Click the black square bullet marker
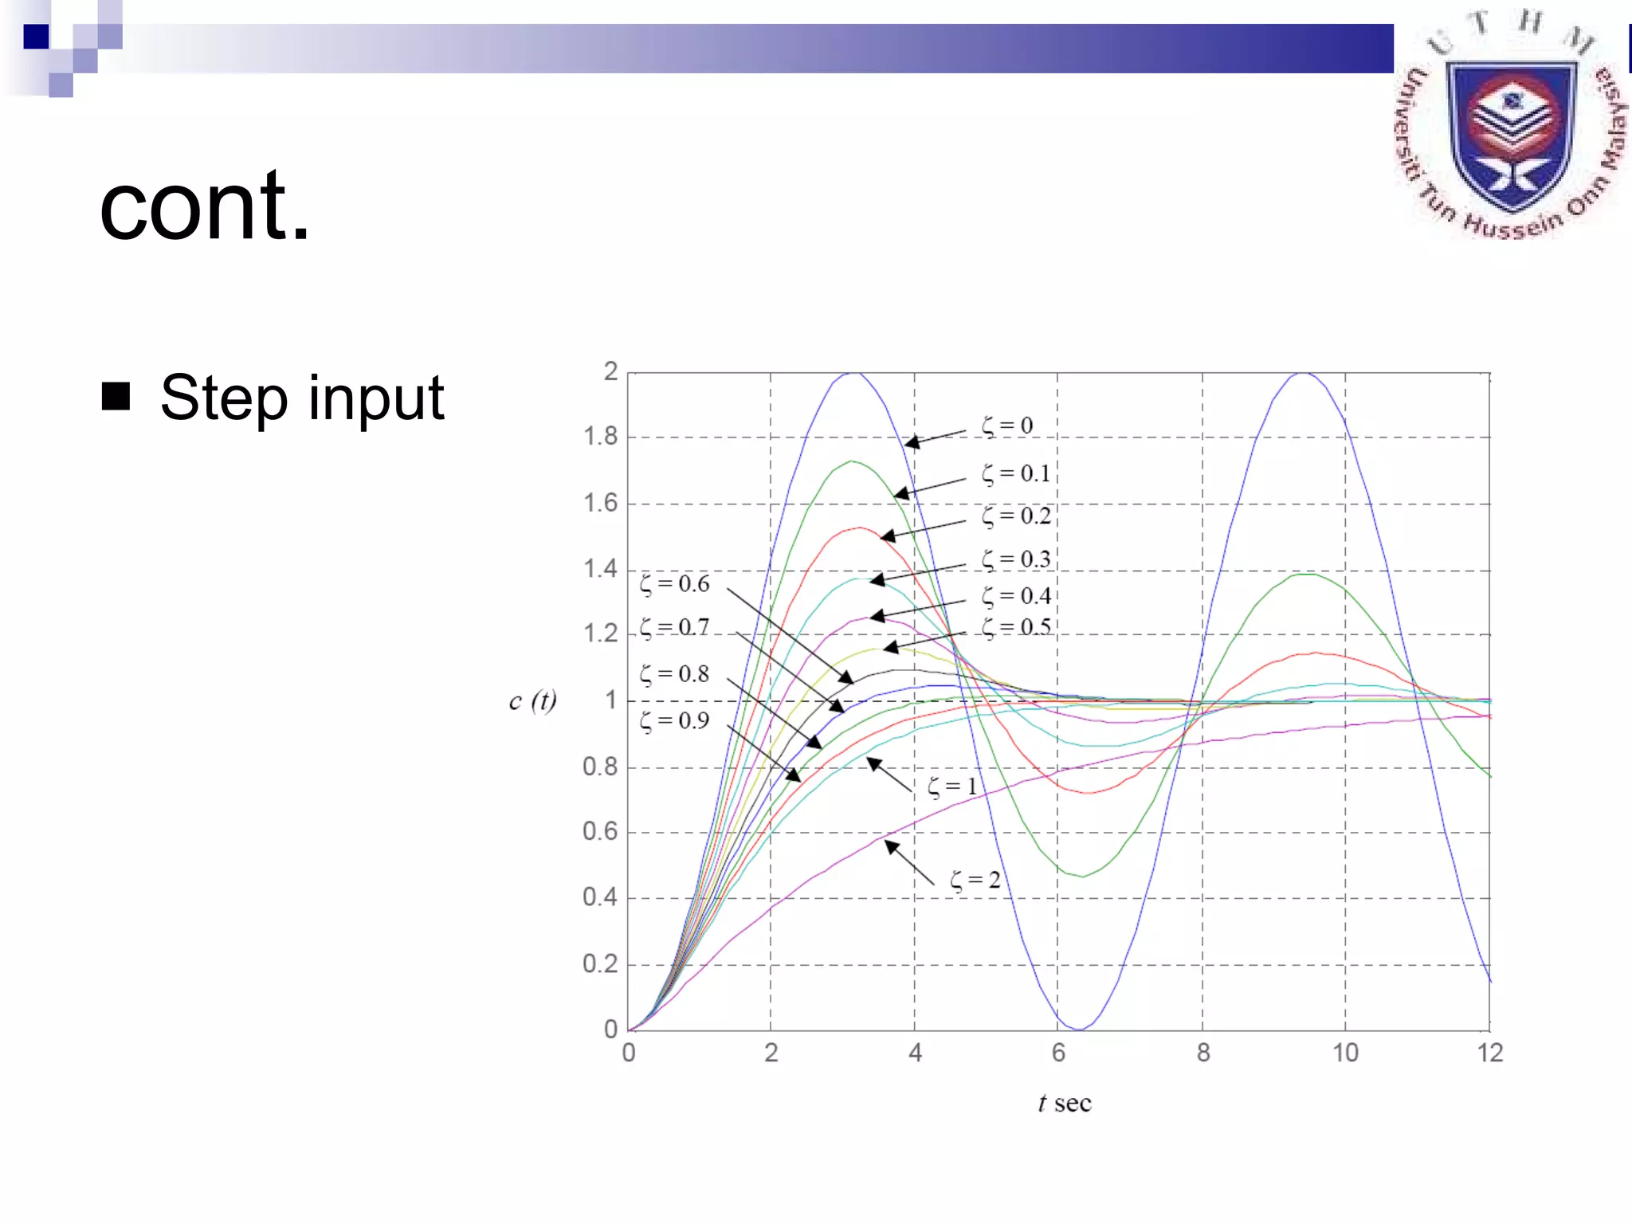pos(116,396)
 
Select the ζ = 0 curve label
pos(1006,426)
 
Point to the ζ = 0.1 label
pos(1015,474)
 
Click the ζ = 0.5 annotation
pos(1015,628)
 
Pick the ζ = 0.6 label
pos(674,584)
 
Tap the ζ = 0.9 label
pos(674,721)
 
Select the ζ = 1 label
pos(951,787)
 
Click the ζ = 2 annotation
pos(975,881)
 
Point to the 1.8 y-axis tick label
pos(600,437)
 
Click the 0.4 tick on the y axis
pos(599,897)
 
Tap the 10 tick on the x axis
pos(1345,1053)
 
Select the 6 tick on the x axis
pos(1058,1053)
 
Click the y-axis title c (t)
pos(532,700)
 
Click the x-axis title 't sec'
pos(1064,1104)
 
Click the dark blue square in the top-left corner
pos(36,37)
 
